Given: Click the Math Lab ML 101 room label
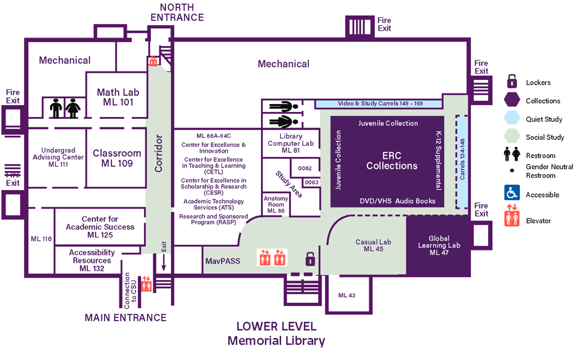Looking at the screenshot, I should point(118,97).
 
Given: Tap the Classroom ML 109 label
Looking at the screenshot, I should point(117,158).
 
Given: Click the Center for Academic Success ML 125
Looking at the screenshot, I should point(100,227).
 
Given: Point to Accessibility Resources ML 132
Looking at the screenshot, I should point(92,260).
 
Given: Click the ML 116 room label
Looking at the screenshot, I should point(41,238).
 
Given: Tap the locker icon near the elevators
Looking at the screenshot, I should point(310,258).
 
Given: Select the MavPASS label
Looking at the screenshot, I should point(222,262).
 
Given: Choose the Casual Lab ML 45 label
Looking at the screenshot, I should point(374,246).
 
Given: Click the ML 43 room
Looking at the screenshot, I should point(346,295).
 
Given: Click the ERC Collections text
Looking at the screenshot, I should point(391,161).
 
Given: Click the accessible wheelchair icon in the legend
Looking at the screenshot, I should point(511,193).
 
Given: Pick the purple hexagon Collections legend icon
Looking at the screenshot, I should point(511,100).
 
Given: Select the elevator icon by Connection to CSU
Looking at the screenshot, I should point(146,283).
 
